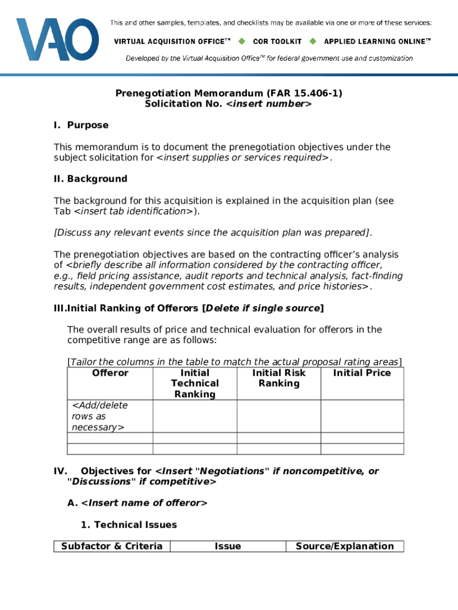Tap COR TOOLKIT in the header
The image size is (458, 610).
(x=277, y=42)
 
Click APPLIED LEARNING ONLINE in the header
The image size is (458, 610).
(x=377, y=42)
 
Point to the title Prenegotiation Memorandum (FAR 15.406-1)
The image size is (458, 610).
(x=228, y=94)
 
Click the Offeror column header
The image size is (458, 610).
(x=110, y=373)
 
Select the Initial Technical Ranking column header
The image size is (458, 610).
(x=195, y=384)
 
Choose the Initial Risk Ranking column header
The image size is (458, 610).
(x=278, y=378)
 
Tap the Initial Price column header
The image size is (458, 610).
(x=362, y=373)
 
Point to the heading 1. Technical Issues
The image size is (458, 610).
(x=128, y=525)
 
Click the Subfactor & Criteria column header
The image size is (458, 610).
(x=112, y=546)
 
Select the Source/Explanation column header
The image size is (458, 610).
(x=344, y=546)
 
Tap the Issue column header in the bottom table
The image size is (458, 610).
(x=228, y=546)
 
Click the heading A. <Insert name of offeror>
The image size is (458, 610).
(x=137, y=503)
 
